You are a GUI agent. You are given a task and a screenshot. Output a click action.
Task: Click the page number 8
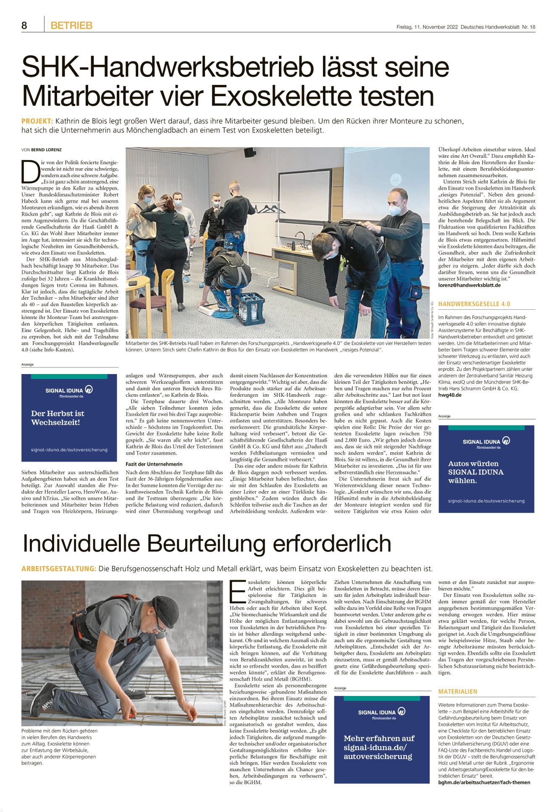(x=24, y=26)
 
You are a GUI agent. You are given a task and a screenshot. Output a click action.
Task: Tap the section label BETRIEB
(x=71, y=26)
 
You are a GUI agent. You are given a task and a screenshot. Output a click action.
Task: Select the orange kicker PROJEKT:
(x=37, y=121)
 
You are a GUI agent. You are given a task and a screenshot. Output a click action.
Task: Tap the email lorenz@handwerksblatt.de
(x=469, y=285)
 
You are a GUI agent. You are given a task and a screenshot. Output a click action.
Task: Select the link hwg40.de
(x=449, y=395)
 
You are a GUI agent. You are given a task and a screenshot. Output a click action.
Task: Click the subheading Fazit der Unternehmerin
(x=154, y=464)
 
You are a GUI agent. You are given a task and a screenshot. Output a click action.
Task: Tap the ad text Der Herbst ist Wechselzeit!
(x=58, y=418)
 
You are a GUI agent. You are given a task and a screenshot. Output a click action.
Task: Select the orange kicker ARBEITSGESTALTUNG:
(x=59, y=569)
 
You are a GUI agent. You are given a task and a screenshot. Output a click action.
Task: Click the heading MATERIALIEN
(x=457, y=691)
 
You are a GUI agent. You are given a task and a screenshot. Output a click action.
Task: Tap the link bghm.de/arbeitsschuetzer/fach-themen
(x=484, y=782)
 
